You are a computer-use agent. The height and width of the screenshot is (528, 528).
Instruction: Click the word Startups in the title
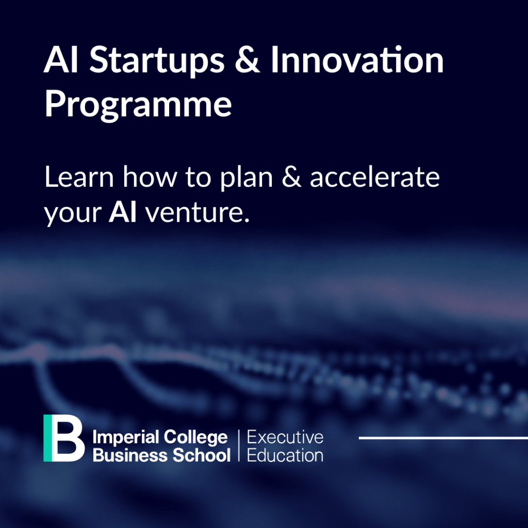157,61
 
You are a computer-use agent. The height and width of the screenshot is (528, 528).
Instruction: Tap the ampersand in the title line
247,60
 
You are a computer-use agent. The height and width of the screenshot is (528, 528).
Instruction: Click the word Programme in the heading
138,104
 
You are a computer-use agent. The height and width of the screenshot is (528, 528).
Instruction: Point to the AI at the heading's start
61,60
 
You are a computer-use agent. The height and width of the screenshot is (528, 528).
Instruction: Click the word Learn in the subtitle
79,177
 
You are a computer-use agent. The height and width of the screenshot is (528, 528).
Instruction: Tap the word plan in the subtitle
246,179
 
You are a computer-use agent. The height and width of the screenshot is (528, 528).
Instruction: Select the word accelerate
374,177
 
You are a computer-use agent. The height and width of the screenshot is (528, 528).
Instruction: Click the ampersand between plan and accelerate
291,177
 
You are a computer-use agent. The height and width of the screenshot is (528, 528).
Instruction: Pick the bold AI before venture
123,212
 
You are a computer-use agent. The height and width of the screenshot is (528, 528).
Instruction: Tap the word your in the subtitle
73,216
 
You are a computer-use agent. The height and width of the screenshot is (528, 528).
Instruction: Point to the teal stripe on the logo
48,438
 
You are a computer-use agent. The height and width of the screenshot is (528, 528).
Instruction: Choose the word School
202,455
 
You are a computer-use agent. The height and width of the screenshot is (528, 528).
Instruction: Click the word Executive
285,437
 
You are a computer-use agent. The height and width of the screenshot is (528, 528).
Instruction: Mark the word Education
285,455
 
